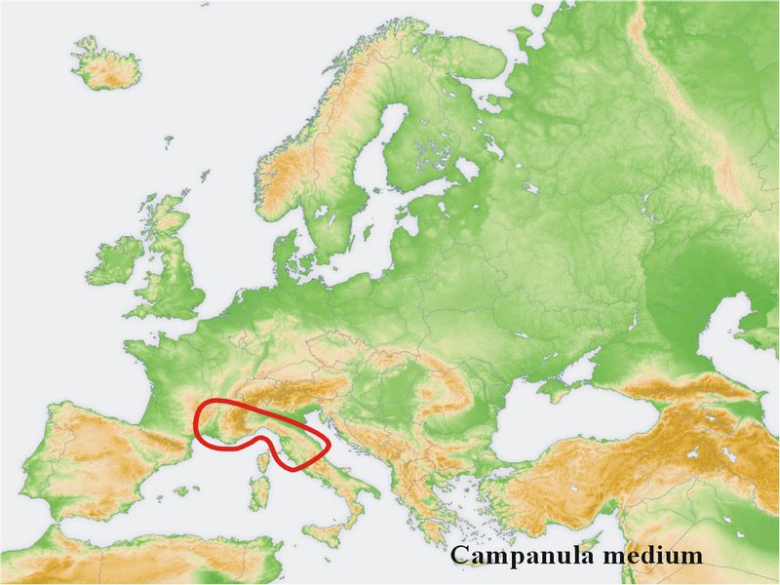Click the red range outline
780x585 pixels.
click(x=198, y=419)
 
